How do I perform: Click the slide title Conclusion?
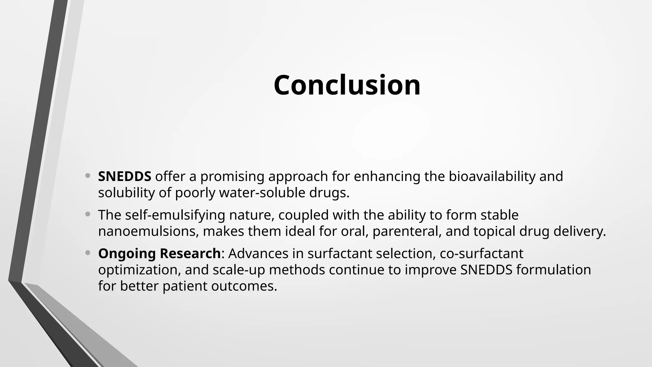tap(347, 85)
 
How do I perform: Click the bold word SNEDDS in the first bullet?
tap(124, 176)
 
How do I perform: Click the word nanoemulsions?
tap(148, 231)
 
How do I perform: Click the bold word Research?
tap(190, 254)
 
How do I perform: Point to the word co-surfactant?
tap(481, 254)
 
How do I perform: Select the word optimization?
tap(139, 270)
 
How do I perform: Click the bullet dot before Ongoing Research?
tap(88, 253)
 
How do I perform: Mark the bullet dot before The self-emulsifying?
tap(88, 215)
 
